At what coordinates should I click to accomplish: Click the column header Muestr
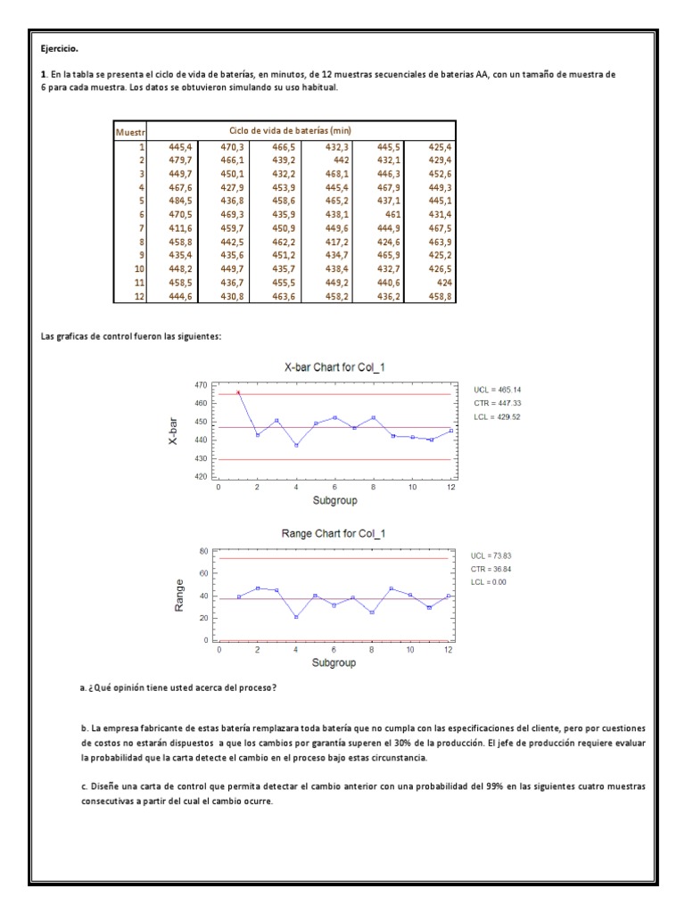pyautogui.click(x=129, y=132)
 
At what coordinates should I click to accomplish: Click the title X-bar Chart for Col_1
pyautogui.click(x=334, y=366)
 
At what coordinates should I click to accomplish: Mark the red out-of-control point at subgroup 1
pyautogui.click(x=238, y=392)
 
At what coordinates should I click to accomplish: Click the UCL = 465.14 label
pyautogui.click(x=498, y=390)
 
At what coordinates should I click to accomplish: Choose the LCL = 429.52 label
pyautogui.click(x=498, y=416)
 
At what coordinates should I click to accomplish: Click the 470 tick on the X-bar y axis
pyautogui.click(x=202, y=384)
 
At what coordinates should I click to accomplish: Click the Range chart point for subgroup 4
pyautogui.click(x=295, y=617)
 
